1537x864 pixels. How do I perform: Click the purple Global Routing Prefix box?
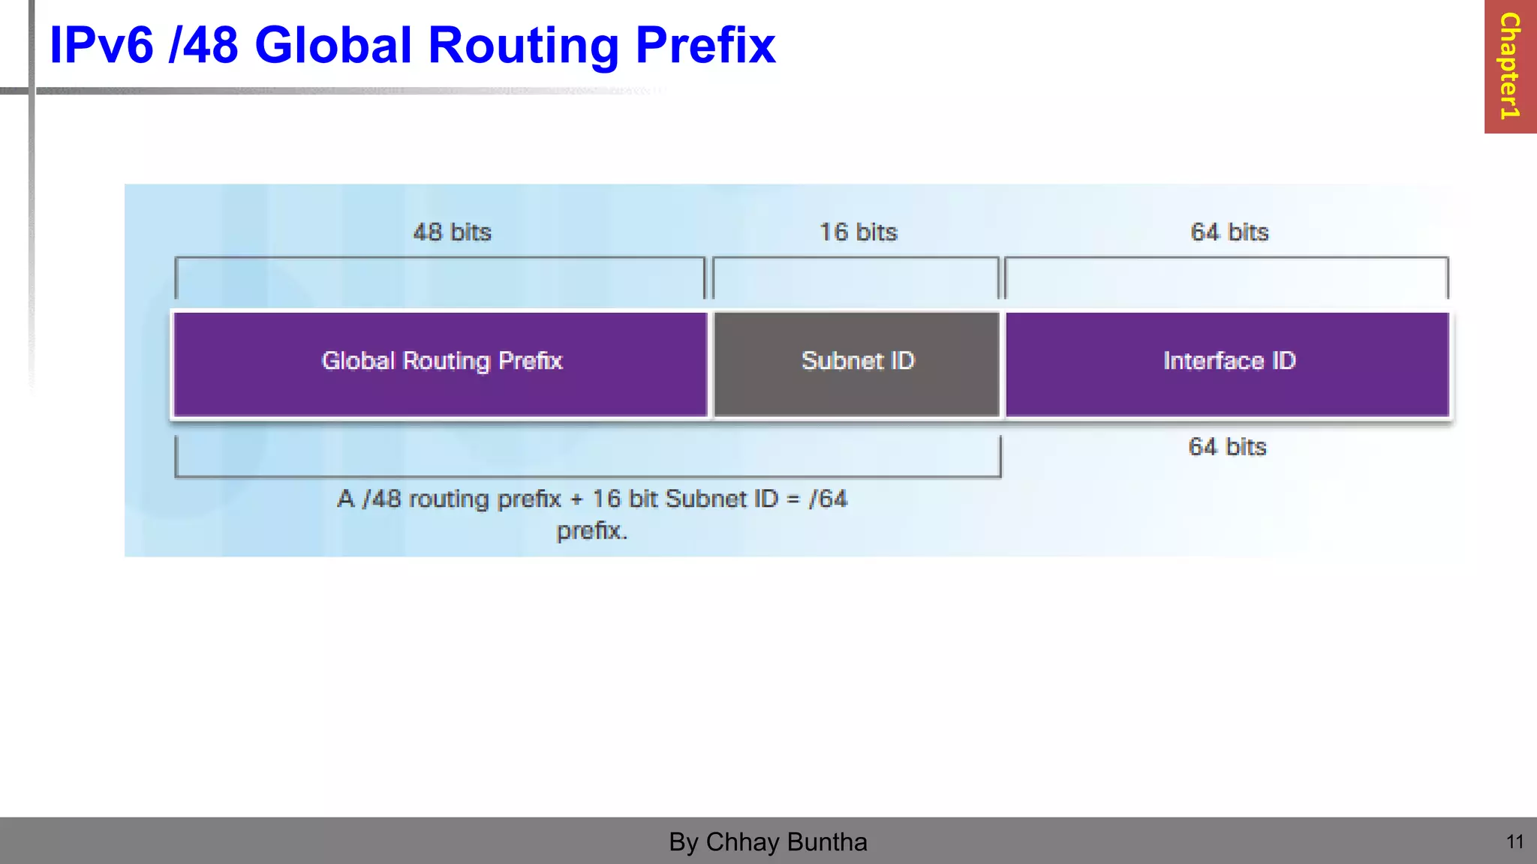pyautogui.click(x=441, y=364)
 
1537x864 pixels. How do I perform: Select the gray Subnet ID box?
pyautogui.click(x=856, y=364)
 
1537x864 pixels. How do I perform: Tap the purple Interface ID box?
pyautogui.click(x=1227, y=364)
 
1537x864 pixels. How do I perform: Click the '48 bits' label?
pyautogui.click(x=452, y=232)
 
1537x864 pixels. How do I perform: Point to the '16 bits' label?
pyautogui.click(x=858, y=232)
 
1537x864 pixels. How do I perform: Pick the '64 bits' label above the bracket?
pyautogui.click(x=1229, y=232)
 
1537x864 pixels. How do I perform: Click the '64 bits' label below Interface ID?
pyautogui.click(x=1227, y=447)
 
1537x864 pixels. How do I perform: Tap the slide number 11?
pyautogui.click(x=1514, y=842)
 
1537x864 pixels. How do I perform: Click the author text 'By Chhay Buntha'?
pyautogui.click(x=768, y=842)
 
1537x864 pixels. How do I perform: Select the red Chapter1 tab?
pyautogui.click(x=1510, y=66)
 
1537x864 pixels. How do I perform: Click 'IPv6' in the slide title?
pyautogui.click(x=101, y=46)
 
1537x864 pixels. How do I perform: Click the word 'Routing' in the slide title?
pyautogui.click(x=524, y=46)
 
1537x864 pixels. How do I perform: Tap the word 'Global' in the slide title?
pyautogui.click(x=334, y=46)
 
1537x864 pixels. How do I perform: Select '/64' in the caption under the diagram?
pyautogui.click(x=828, y=499)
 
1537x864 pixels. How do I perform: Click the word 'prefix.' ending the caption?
pyautogui.click(x=591, y=532)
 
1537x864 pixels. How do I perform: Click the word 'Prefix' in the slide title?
pyautogui.click(x=705, y=46)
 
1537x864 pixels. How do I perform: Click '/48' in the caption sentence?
pyautogui.click(x=382, y=499)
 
